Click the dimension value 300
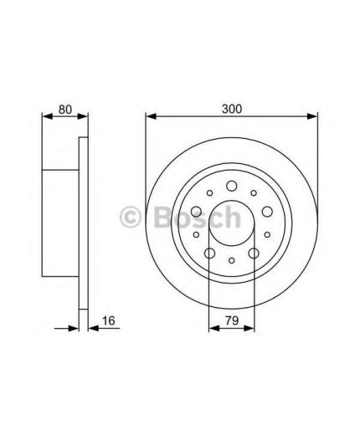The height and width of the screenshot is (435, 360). [232, 109]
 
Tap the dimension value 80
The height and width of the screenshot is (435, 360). [65, 110]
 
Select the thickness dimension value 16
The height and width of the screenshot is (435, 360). [108, 320]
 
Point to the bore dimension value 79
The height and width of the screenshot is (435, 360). [232, 320]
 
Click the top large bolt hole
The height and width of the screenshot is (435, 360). [232, 186]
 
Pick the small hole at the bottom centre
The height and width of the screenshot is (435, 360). [232, 260]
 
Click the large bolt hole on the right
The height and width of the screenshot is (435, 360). [267, 212]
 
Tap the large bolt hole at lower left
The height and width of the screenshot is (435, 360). [209, 253]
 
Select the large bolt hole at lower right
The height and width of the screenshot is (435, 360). [254, 253]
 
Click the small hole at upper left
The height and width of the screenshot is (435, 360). [209, 192]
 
